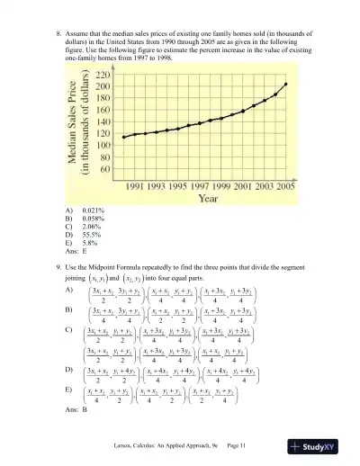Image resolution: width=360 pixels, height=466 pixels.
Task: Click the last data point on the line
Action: click(286, 84)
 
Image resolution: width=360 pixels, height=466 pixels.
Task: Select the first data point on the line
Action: click(123, 137)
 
